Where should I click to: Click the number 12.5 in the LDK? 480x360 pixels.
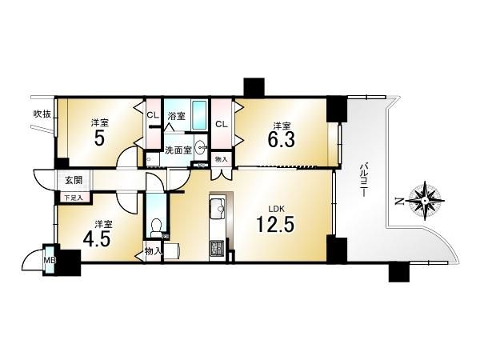click(275, 224)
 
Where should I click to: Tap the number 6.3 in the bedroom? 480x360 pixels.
click(282, 139)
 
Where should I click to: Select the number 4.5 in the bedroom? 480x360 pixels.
click(97, 238)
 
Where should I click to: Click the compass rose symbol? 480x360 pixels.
click(426, 201)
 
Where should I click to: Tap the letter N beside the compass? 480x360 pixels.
click(398, 202)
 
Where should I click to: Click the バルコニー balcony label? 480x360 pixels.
click(363, 179)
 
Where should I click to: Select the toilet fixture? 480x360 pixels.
click(157, 227)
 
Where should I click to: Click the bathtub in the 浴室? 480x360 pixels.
click(199, 114)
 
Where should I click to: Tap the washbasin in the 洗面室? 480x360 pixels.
click(201, 149)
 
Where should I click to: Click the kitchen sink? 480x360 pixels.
click(218, 209)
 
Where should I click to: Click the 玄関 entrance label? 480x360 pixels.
click(74, 180)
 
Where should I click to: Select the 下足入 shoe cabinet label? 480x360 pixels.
click(74, 198)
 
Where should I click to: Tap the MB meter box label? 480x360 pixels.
click(50, 260)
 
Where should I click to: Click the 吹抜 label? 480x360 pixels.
click(42, 114)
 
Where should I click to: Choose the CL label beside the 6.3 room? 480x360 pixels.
click(222, 124)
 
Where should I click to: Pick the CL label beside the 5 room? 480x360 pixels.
click(153, 115)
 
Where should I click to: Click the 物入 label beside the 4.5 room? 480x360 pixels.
click(153, 252)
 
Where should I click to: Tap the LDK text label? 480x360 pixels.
click(277, 209)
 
